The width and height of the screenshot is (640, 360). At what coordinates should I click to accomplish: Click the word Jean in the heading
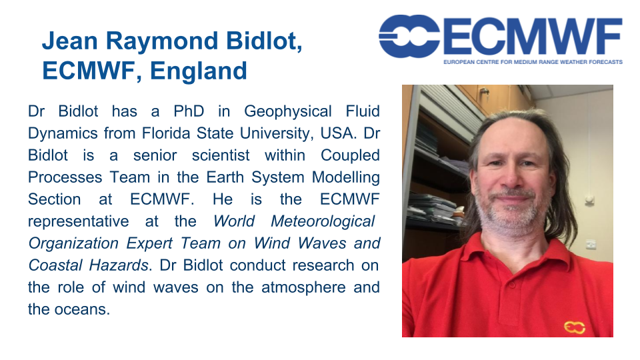(70, 41)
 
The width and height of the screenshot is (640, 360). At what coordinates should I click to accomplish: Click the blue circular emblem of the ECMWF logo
(409, 36)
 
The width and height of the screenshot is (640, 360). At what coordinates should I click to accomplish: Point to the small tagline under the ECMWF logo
(533, 62)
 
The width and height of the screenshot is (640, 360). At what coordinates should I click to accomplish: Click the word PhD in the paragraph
(189, 111)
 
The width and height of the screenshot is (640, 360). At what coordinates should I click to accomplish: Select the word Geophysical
(288, 112)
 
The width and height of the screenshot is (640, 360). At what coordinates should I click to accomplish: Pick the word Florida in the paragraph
(167, 133)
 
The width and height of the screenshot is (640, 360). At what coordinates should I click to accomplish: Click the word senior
(155, 155)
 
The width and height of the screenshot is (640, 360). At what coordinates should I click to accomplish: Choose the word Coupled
(350, 156)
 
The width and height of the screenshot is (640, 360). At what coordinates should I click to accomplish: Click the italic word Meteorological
(323, 221)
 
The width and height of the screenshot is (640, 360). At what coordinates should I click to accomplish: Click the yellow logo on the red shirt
(574, 327)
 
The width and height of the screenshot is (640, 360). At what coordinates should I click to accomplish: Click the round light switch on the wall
(589, 199)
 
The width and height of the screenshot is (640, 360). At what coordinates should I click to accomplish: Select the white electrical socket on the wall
(591, 244)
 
